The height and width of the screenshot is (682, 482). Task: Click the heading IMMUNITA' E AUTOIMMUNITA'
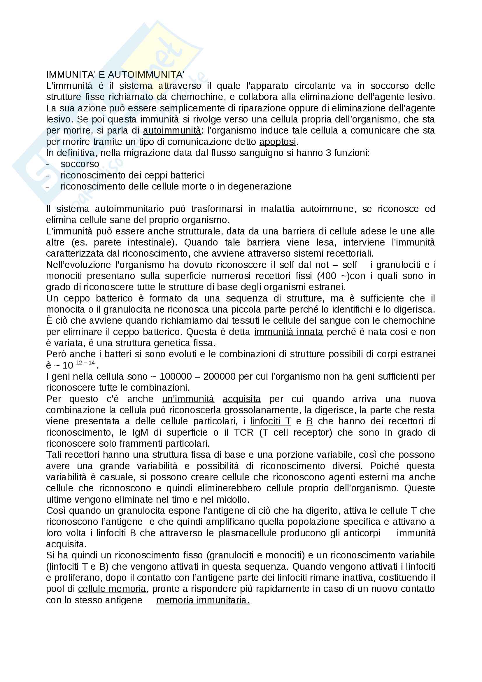point(115,75)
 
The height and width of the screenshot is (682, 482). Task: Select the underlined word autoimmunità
point(172,130)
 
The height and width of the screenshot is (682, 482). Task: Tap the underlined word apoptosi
point(278,142)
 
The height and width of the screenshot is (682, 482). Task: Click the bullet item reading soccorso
point(80,164)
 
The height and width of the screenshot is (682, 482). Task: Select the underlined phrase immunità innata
point(289,332)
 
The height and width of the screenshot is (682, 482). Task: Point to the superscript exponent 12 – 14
point(85,363)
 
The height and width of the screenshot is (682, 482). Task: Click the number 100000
point(176,377)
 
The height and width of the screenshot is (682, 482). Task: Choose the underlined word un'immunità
point(188,399)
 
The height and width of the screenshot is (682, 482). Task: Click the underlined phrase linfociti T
point(271,421)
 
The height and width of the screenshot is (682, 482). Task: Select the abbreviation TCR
point(243,432)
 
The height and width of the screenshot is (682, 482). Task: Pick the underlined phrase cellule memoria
point(112,589)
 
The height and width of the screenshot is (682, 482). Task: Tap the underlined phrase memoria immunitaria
point(203,600)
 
